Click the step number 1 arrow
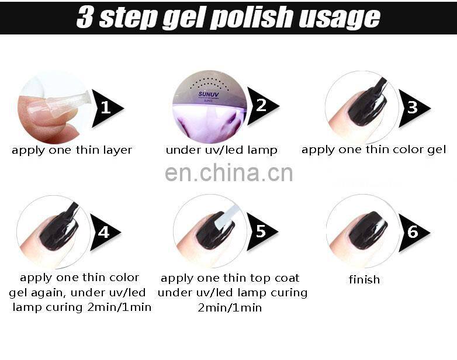[x=106, y=108]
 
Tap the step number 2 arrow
[x=261, y=105]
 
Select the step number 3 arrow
[x=413, y=108]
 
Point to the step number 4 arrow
[x=104, y=232]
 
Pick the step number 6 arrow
[x=413, y=232]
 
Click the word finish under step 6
[x=364, y=279]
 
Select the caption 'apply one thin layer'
[x=72, y=150]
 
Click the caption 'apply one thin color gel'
[x=373, y=150]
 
